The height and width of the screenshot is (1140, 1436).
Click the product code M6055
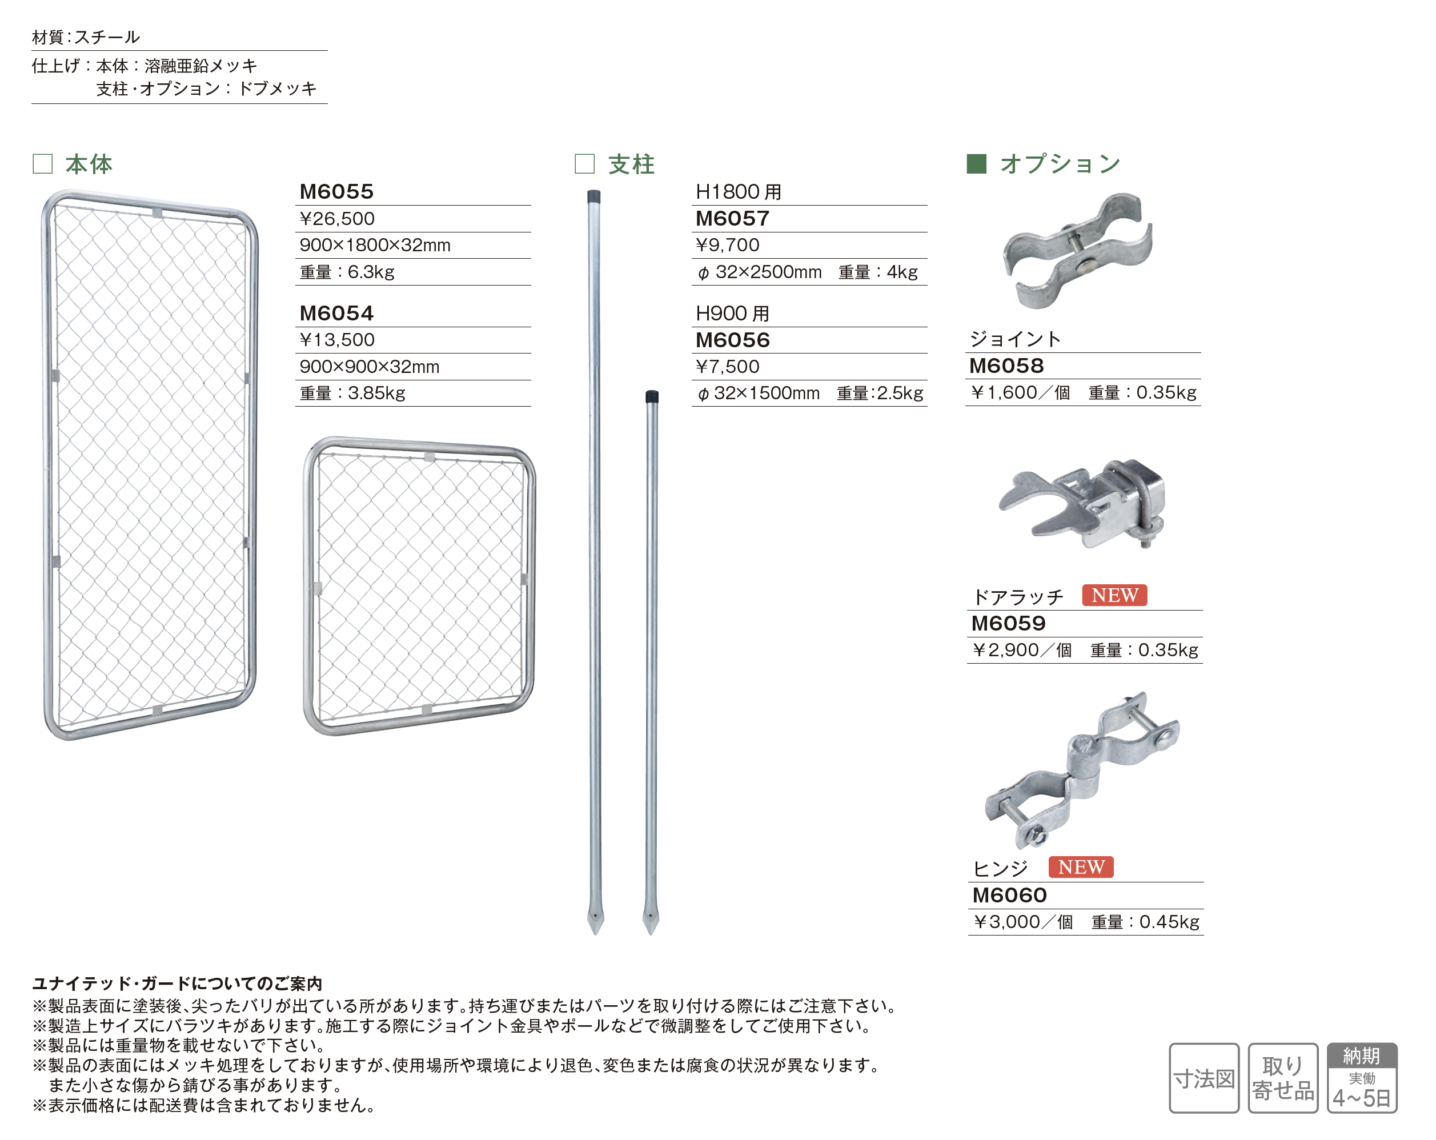pos(336,192)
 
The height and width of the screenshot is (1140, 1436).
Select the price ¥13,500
pos(337,340)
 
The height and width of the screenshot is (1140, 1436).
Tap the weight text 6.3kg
pos(371,272)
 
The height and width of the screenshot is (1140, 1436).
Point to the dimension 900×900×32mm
pos(369,366)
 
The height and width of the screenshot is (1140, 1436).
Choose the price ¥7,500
pos(727,366)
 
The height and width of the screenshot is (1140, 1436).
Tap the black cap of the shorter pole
pos(652,396)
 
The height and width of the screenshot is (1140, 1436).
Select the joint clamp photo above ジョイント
pos(1078,250)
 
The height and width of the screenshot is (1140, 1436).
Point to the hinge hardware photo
pos(1082,770)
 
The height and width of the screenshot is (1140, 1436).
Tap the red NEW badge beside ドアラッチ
pos(1114,595)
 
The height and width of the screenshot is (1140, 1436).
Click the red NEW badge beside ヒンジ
pos(1081,867)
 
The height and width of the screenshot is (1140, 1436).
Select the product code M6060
pos(1009,896)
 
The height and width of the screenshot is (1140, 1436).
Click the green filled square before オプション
pos(976,164)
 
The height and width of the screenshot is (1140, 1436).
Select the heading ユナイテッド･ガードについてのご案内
pos(177,984)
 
